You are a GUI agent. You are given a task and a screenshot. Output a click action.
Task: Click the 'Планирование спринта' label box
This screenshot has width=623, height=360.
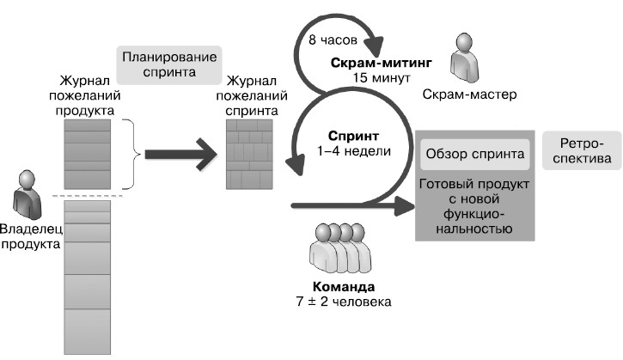click(x=168, y=65)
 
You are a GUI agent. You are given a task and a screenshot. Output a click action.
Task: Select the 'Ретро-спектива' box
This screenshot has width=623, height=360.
click(x=581, y=150)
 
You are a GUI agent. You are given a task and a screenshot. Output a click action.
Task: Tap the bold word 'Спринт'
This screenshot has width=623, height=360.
click(x=353, y=137)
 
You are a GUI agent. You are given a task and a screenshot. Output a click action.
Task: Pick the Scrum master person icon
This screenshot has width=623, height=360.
click(x=467, y=57)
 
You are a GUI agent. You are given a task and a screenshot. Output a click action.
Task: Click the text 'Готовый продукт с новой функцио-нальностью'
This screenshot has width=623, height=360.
click(x=472, y=206)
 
